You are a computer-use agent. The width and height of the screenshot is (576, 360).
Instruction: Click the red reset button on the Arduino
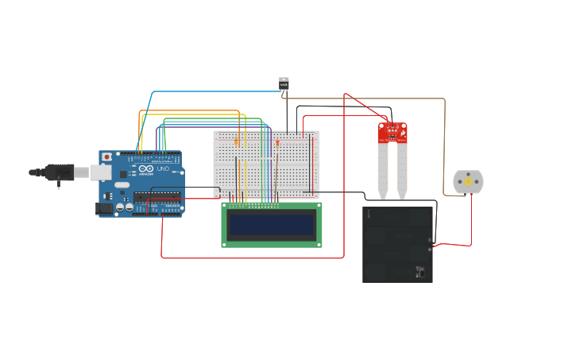pos(106,157)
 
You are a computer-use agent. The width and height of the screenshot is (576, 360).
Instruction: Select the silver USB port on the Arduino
pos(99,172)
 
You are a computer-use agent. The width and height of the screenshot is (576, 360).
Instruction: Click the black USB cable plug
pos(60,172)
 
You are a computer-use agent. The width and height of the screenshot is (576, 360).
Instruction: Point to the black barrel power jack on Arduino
pos(104,208)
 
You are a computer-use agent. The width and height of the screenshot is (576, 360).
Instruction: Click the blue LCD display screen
pos(271,224)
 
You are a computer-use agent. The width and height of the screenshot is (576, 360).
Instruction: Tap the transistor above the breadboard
pos(284,82)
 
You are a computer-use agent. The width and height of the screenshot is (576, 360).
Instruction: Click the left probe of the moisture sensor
pos(383,171)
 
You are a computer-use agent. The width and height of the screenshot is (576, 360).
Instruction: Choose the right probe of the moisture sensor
pos(402,171)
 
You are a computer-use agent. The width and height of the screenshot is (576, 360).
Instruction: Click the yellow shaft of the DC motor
pos(468,182)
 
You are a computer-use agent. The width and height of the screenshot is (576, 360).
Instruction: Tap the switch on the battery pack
pos(419,272)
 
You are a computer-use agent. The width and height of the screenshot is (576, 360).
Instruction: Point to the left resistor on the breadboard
pos(236,141)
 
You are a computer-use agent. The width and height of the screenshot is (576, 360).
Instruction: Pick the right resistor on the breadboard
pos(277,143)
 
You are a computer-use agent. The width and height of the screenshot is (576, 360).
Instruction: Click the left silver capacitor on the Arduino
pos(119,207)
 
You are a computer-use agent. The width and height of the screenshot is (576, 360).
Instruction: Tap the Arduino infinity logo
pos(145,169)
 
